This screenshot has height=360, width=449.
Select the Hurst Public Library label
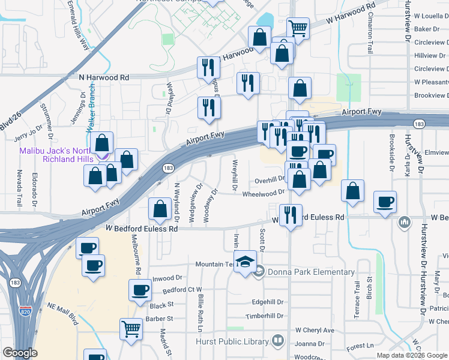(x=232, y=341)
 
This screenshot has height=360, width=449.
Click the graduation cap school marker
(x=244, y=262)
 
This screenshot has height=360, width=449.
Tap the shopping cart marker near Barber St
(x=131, y=328)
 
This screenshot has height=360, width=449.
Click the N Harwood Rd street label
(x=104, y=78)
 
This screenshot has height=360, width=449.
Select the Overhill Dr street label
(x=268, y=179)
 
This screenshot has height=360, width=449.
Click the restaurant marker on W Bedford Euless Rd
(x=291, y=215)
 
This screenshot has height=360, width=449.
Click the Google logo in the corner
(x=20, y=353)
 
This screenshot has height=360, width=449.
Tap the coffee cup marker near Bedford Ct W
(x=140, y=290)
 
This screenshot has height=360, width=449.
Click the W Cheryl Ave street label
(x=315, y=331)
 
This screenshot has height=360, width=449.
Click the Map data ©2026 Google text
(x=411, y=355)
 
